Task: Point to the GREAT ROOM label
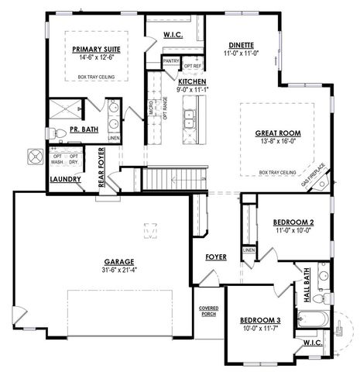click(277, 133)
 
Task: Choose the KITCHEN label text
click(192, 81)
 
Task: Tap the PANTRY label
click(171, 60)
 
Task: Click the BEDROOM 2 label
click(293, 222)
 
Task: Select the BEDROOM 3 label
click(259, 320)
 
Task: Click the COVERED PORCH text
click(209, 311)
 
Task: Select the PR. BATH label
click(83, 129)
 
